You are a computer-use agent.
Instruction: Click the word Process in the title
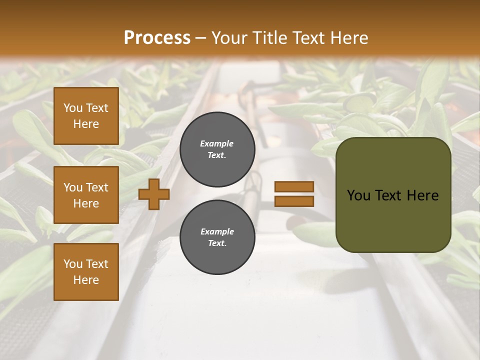pyautogui.click(x=157, y=38)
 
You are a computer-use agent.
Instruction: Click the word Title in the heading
pyautogui.click(x=269, y=38)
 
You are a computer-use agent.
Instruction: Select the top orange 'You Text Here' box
pyautogui.click(x=86, y=116)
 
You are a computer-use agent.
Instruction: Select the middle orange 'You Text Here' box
pyautogui.click(x=86, y=195)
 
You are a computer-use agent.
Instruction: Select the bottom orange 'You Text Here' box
pyautogui.click(x=86, y=272)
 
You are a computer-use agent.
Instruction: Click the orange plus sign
pyautogui.click(x=153, y=194)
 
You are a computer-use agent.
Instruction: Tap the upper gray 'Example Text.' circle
pyautogui.click(x=217, y=149)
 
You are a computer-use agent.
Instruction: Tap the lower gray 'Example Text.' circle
pyautogui.click(x=217, y=237)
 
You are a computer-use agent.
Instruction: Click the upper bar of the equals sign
pyautogui.click(x=294, y=186)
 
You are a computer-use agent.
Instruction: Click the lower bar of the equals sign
pyautogui.click(x=294, y=201)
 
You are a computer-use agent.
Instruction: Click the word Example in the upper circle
pyautogui.click(x=216, y=143)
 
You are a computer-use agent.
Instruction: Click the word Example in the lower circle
pyautogui.click(x=217, y=231)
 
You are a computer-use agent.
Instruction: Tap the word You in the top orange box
pyautogui.click(x=72, y=108)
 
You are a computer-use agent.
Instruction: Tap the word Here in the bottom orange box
pyautogui.click(x=86, y=280)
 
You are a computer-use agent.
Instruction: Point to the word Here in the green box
pyautogui.click(x=422, y=195)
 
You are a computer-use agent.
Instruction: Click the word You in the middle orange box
pyautogui.click(x=72, y=187)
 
